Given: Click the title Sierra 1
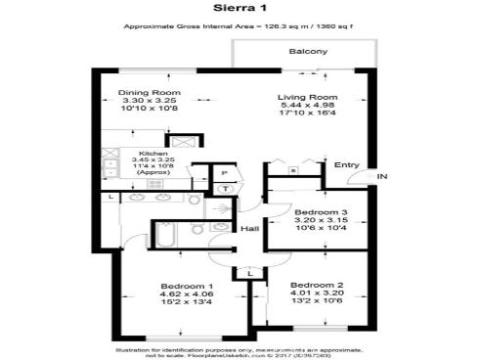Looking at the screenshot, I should click(239, 8).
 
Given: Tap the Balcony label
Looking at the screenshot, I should click(307, 51).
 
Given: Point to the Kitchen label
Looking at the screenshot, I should click(152, 154).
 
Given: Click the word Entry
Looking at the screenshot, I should click(346, 164).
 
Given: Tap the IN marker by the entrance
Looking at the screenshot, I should click(383, 176).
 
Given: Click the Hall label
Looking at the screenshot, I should click(249, 229).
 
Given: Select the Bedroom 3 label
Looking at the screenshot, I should click(316, 212).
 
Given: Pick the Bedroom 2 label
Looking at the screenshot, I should click(316, 285).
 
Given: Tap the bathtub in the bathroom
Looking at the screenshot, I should click(164, 235).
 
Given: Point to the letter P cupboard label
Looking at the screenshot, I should click(224, 171).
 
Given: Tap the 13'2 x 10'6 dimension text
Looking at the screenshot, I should click(316, 303).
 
